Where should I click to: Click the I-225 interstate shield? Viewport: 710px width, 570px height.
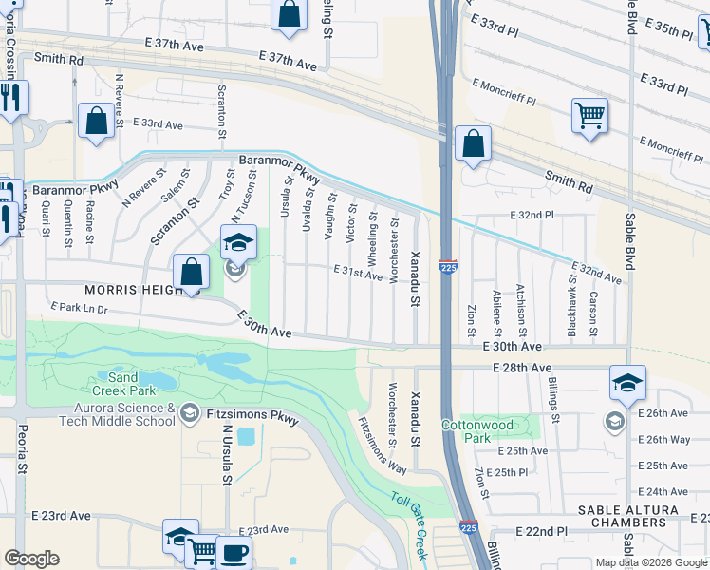(449, 268)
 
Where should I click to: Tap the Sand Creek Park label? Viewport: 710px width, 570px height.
(123, 384)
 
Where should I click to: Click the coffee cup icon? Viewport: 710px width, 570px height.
(234, 552)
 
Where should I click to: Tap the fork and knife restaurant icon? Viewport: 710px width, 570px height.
(10, 98)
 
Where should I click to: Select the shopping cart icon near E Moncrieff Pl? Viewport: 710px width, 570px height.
(589, 116)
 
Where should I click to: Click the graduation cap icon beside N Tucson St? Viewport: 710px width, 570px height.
(238, 243)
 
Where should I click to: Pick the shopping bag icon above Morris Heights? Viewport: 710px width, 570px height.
(192, 272)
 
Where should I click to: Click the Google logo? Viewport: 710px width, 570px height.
(31, 559)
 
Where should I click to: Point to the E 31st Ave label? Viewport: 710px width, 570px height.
(357, 272)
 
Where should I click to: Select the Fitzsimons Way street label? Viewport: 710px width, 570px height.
(383, 444)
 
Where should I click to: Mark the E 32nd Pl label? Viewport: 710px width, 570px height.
(532, 216)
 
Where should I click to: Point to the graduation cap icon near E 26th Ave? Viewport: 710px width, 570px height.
(627, 383)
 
